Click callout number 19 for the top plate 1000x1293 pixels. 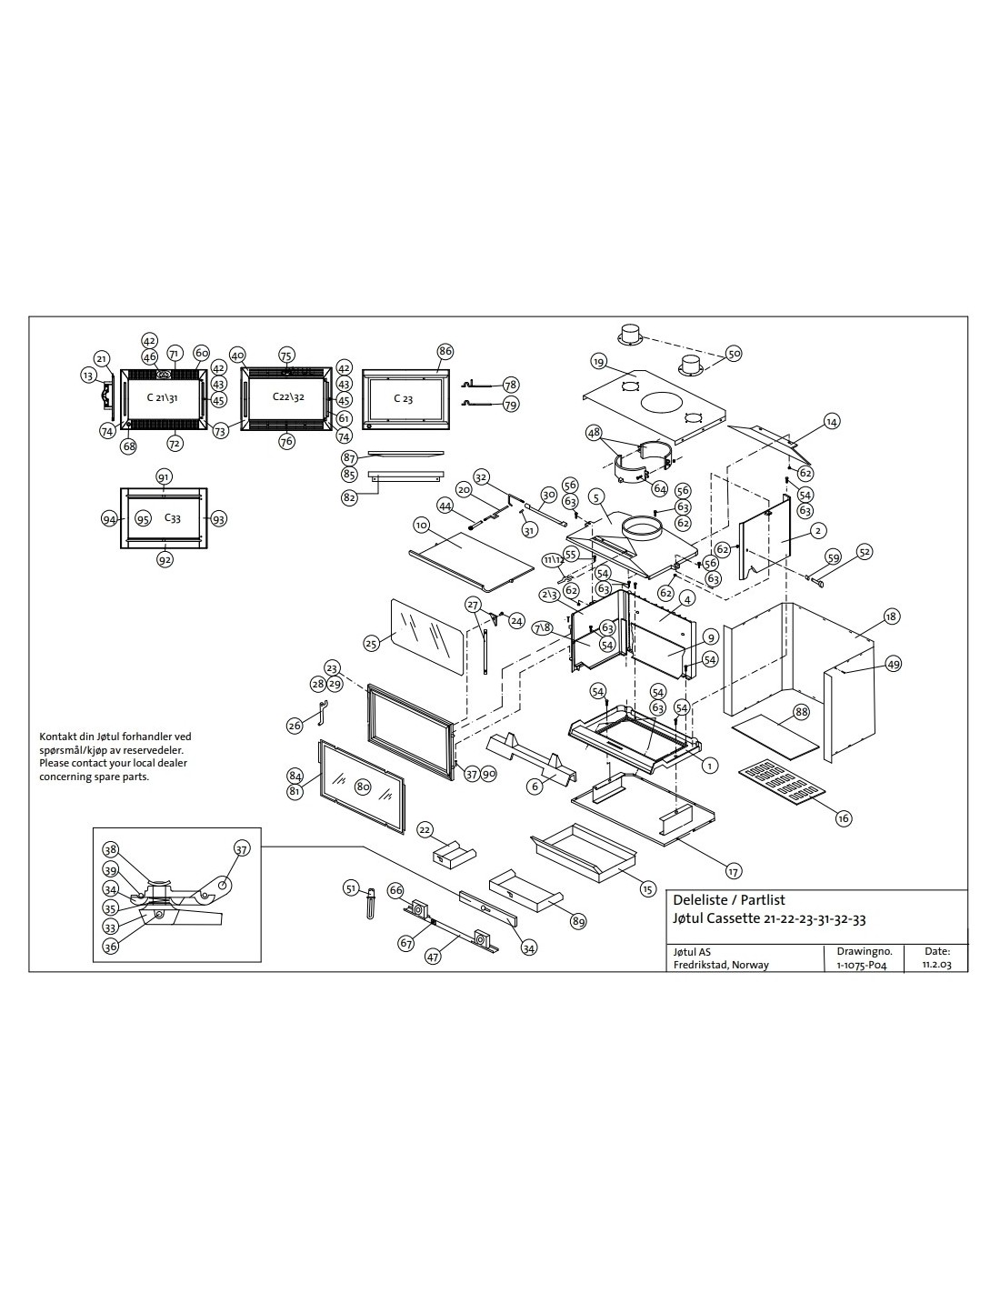point(598,362)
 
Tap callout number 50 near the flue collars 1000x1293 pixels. point(735,353)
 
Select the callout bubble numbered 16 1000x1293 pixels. point(844,818)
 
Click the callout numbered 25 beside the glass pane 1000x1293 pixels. point(371,643)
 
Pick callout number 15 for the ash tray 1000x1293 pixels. point(647,888)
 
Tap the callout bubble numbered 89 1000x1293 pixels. point(578,922)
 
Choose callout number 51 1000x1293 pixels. point(351,887)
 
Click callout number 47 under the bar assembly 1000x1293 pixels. point(434,956)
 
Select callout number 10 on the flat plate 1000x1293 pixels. point(421,526)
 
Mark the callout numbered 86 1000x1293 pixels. point(445,351)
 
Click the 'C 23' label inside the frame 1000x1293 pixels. point(404,399)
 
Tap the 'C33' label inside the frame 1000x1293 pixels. point(172,517)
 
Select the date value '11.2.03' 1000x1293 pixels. point(936,965)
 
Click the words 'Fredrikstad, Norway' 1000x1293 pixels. point(721,965)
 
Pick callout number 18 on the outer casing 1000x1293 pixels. point(891,616)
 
